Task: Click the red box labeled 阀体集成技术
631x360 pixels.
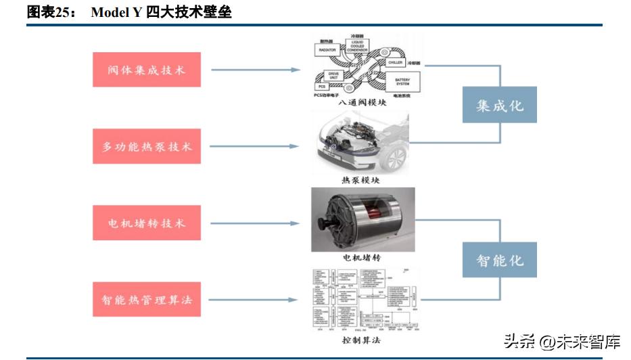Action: tap(146, 70)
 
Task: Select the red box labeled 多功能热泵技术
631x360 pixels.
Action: tap(146, 146)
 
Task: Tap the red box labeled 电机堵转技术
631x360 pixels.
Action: tap(146, 223)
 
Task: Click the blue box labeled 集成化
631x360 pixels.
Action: tap(499, 105)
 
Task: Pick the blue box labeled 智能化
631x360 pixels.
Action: tap(499, 260)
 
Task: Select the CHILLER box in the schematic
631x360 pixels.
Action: tap(396, 62)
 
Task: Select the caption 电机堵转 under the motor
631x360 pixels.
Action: tap(363, 258)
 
